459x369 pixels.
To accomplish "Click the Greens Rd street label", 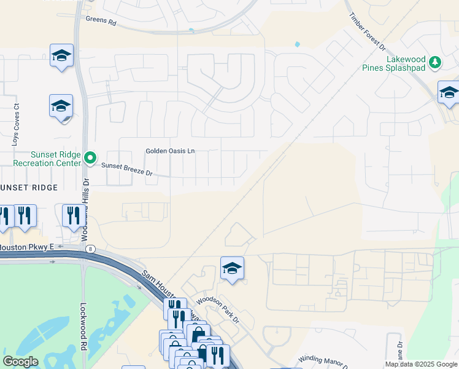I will pos(101,20).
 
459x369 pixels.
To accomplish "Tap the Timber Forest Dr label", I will pos(366,31).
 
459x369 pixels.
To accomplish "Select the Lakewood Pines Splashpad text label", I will pos(406,63).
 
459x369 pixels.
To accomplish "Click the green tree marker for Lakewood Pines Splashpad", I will pos(435,61).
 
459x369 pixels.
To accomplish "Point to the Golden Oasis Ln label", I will pos(170,151).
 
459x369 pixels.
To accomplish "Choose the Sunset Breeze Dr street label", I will pos(126,169).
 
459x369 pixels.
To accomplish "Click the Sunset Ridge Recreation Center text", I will pos(47,159).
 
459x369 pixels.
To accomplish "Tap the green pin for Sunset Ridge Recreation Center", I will pos(90,159).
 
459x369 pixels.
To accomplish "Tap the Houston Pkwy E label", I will pos(27,247).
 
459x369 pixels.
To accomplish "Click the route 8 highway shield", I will pos(90,248).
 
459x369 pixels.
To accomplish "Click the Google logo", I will pos(20,362).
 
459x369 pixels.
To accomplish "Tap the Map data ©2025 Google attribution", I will pos(420,364).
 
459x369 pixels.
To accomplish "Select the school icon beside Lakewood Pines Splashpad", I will pos(449,93).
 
